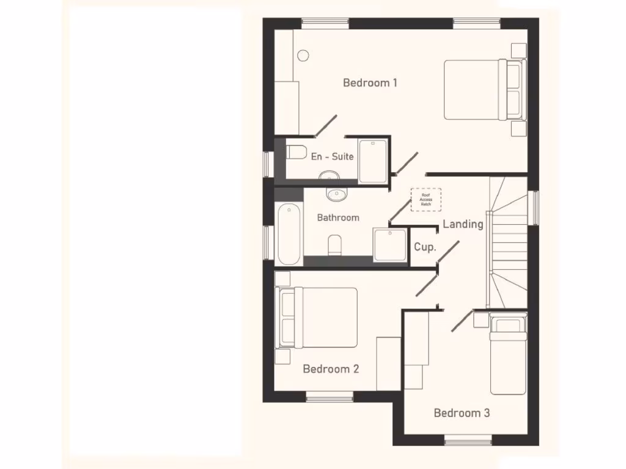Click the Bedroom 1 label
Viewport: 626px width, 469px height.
(370, 82)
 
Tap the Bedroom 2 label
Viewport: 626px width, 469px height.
(331, 369)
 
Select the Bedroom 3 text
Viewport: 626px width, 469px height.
(462, 413)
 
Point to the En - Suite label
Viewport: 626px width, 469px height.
(332, 157)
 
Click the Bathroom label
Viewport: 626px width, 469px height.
(338, 217)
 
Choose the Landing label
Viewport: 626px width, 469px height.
(463, 224)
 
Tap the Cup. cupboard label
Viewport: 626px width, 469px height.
(425, 247)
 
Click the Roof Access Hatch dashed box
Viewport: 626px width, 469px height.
(425, 200)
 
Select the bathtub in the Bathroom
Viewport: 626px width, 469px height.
(289, 234)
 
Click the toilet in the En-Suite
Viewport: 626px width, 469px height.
(296, 152)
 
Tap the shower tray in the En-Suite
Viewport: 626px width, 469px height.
(373, 161)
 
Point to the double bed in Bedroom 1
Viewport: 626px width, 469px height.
(483, 90)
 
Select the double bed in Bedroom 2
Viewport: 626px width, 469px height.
(319, 318)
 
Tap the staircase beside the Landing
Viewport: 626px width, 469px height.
(507, 244)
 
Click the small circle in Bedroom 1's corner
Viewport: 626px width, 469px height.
(303, 55)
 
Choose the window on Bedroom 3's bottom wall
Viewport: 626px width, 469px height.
(468, 440)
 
